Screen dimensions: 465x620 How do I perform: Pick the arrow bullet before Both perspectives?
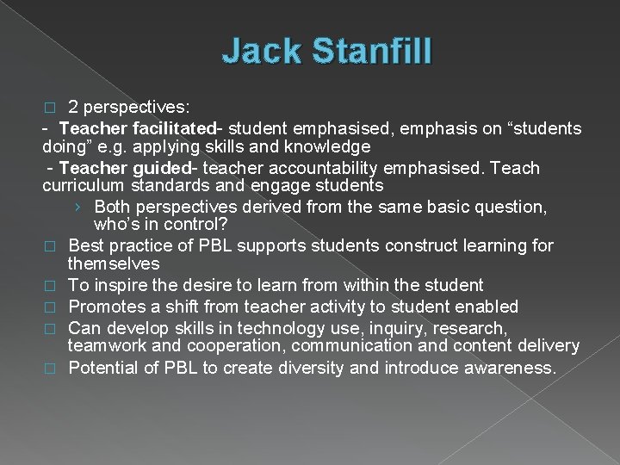click(79, 207)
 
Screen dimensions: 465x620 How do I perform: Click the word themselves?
click(114, 263)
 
